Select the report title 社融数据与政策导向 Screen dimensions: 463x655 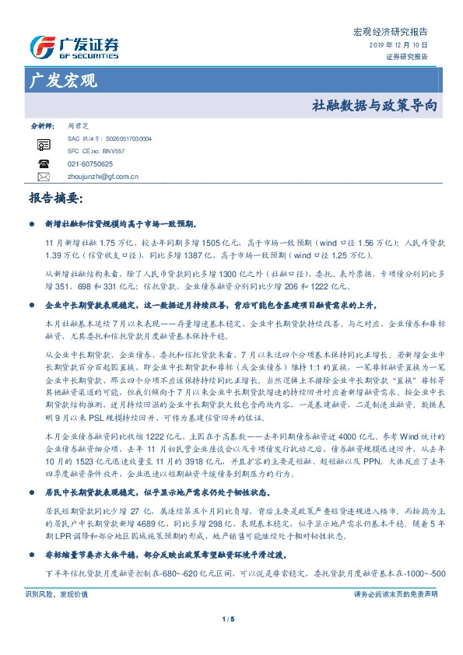[x=374, y=103]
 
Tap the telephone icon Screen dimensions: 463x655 [x=44, y=163]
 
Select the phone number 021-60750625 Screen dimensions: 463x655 [x=90, y=164]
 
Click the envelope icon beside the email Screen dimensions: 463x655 [x=44, y=177]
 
